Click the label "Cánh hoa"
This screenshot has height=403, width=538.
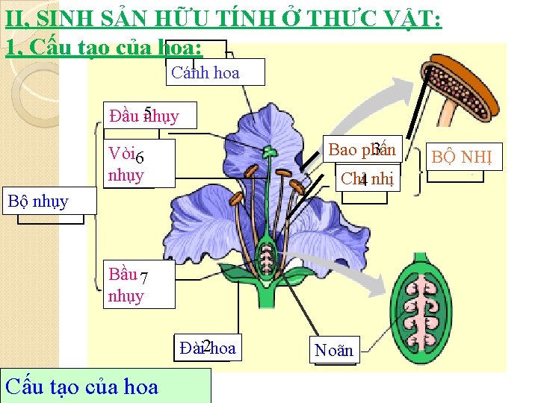click(x=205, y=73)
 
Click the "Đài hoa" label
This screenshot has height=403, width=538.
click(x=208, y=347)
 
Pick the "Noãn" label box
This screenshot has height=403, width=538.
click(x=333, y=350)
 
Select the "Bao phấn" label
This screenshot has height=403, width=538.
click(x=362, y=150)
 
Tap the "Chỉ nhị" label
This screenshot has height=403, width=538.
click(x=366, y=179)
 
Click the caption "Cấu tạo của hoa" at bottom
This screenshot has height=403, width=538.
click(x=82, y=387)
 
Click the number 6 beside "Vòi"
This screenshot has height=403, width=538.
click(x=140, y=157)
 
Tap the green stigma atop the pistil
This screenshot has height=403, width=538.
click(x=268, y=152)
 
